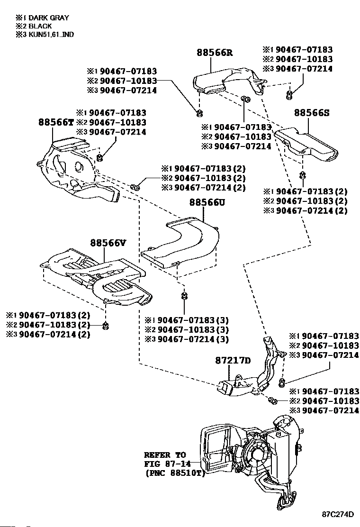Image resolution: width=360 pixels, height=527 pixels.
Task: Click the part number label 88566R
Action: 215,53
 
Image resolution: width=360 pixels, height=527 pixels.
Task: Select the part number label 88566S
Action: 311,113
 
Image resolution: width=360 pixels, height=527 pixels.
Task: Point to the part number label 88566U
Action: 207,202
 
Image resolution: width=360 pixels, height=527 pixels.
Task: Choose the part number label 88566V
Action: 108,243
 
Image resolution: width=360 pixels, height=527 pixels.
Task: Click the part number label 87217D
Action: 232,360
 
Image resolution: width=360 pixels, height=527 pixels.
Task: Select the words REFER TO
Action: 165,454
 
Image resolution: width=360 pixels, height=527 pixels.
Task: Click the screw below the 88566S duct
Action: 302,177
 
